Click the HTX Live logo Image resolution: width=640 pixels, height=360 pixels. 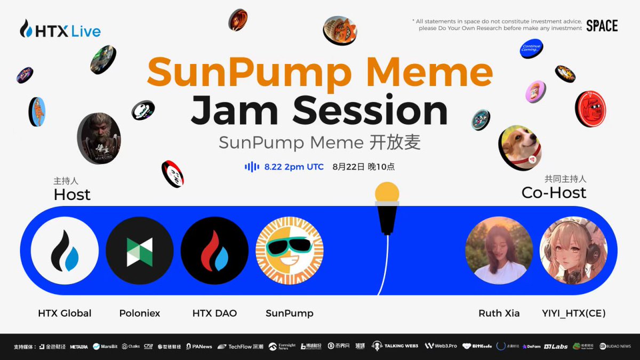tap(60, 30)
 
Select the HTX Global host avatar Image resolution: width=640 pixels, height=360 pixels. tap(65, 251)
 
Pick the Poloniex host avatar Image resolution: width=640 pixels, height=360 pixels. tap(140, 251)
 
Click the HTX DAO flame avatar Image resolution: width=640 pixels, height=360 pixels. tap(214, 251)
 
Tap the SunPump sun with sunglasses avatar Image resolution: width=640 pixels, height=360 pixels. tap(290, 251)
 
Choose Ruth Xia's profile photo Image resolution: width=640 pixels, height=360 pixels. tap(499, 250)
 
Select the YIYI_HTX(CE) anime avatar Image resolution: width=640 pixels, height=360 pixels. tap(573, 250)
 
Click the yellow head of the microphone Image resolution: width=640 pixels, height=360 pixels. tap(387, 192)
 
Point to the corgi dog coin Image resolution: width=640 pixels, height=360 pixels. tap(519, 147)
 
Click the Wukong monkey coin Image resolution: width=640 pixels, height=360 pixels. tap(99, 138)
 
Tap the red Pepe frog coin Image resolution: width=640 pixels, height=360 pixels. tap(590, 109)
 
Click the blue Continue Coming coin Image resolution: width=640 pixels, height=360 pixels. tap(531, 49)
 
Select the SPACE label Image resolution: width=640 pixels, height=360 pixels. tap(602, 26)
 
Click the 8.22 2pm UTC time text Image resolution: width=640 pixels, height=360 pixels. tap(294, 167)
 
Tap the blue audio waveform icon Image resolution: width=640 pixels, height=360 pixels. tap(252, 167)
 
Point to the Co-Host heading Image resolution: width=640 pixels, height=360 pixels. tap(554, 193)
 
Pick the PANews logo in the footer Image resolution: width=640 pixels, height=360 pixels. tap(199, 346)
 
